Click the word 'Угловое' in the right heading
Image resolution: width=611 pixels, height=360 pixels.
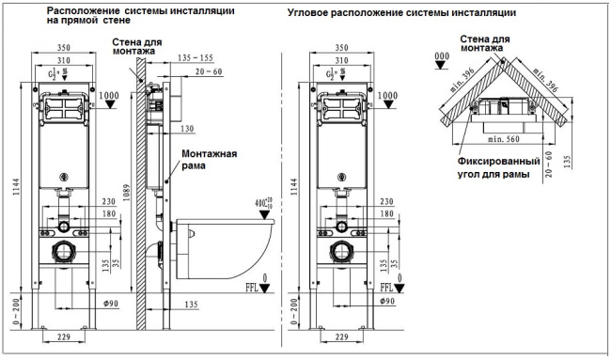pyautogui.click(x=313, y=12)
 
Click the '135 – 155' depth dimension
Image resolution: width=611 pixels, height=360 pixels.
pyautogui.click(x=195, y=56)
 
